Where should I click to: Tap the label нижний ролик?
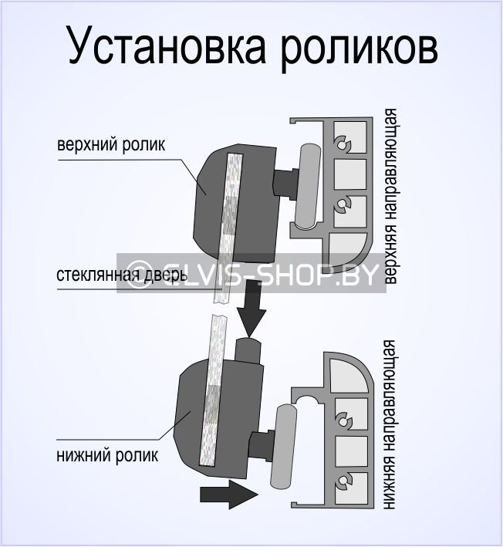(108, 454)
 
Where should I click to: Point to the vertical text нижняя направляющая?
(391, 429)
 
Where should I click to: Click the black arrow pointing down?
(250, 309)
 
